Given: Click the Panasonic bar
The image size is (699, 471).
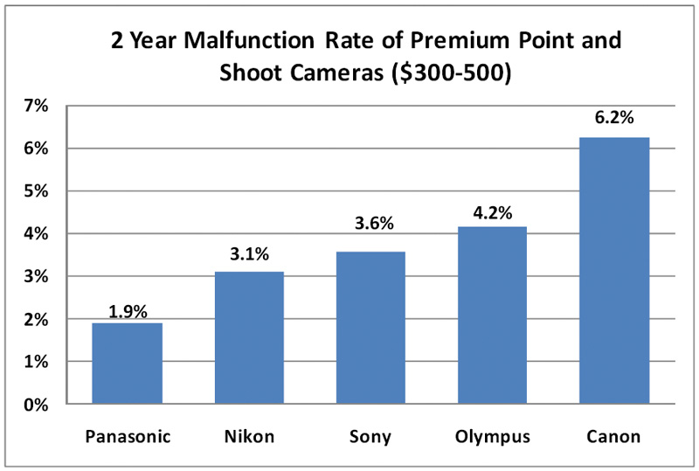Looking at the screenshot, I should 128,364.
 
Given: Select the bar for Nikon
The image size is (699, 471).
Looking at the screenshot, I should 249,338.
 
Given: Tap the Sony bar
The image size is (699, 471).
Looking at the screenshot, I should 371,328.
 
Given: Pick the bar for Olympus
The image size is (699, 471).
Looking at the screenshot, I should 493,315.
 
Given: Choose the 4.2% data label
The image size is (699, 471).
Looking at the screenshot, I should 493,211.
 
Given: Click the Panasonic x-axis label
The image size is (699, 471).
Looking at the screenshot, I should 128,436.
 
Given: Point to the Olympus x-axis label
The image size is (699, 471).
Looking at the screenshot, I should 493,436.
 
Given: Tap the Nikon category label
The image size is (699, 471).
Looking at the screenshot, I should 249,436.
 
